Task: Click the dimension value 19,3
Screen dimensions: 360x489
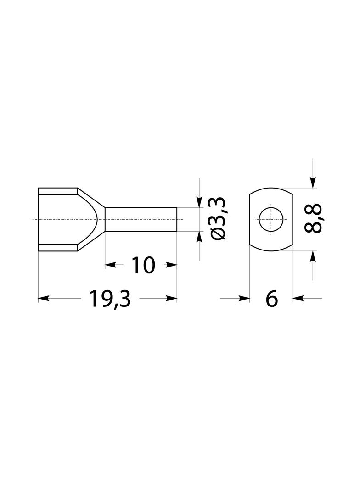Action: [109, 299]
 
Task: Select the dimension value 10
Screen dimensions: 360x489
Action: [143, 266]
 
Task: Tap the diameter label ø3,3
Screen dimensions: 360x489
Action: [218, 219]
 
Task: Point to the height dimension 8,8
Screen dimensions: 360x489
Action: [312, 219]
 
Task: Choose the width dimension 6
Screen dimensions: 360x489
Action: [272, 299]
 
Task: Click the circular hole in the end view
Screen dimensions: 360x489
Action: [271, 219]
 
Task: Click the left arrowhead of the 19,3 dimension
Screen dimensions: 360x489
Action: [43, 299]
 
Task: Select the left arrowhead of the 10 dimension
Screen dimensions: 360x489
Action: [110, 266]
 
